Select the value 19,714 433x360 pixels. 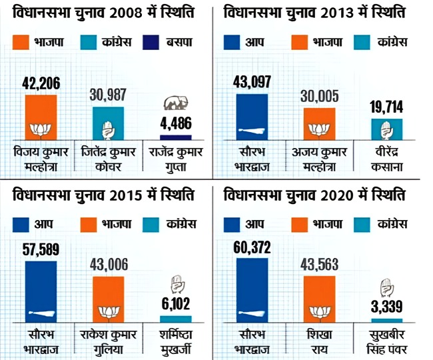pyautogui.click(x=387, y=107)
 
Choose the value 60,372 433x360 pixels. pyautogui.click(x=252, y=249)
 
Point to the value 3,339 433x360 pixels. pyautogui.click(x=387, y=308)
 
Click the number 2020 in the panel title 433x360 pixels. pyautogui.click(x=339, y=197)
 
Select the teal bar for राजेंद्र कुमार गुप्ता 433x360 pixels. pyautogui.click(x=177, y=137)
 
